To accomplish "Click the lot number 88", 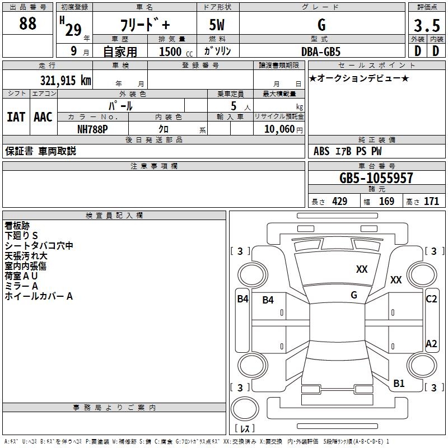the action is [x=27, y=24].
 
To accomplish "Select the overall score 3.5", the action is [x=427, y=26].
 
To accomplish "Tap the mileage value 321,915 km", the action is [x=66, y=81].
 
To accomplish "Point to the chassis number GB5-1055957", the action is [x=376, y=179].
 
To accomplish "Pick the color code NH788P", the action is [x=92, y=129].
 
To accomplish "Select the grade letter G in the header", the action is [x=321, y=25].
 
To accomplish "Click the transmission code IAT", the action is [x=16, y=117].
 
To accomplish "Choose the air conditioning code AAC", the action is [x=43, y=117].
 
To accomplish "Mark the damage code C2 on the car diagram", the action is [x=431, y=299].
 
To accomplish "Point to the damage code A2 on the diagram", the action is [x=431, y=344].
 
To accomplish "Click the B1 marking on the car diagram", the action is [x=399, y=384].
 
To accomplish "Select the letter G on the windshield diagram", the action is [x=354, y=295].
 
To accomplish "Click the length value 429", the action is [x=339, y=202].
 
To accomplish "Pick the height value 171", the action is [x=431, y=202].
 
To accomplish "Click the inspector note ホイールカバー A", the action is [x=39, y=296].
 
